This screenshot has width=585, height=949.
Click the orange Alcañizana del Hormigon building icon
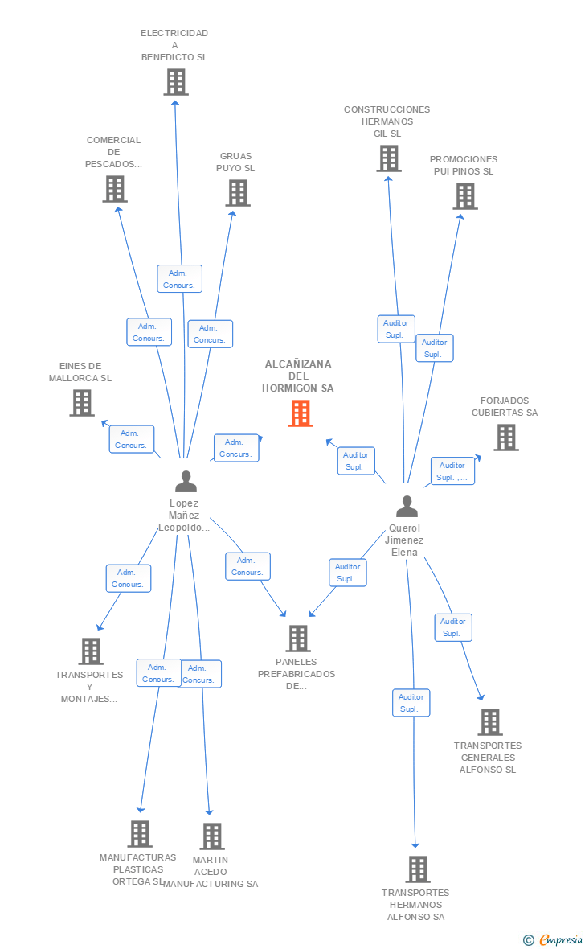click(x=301, y=413)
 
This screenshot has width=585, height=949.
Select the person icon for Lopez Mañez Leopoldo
click(x=186, y=481)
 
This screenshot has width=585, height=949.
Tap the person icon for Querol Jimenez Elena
click(x=407, y=506)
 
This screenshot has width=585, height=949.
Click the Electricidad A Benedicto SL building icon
click(x=176, y=82)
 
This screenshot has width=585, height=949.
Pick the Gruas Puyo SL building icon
click(x=238, y=193)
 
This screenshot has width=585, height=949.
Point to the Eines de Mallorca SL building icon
click(x=82, y=402)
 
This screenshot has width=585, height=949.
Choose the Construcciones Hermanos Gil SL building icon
click(x=389, y=158)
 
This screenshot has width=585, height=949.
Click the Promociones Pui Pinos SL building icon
click(x=465, y=196)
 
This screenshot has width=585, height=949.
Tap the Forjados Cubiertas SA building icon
click(x=506, y=437)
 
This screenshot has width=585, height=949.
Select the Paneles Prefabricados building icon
click(x=297, y=638)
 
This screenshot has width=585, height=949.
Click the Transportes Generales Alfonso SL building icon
click(x=490, y=721)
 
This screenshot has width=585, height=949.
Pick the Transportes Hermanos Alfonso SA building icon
click(x=417, y=869)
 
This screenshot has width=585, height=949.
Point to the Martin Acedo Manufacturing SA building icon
click(x=212, y=836)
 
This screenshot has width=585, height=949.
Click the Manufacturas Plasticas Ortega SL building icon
click(x=140, y=833)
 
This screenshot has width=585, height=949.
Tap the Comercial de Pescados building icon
click(x=114, y=189)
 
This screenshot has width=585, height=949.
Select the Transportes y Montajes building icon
click(x=91, y=651)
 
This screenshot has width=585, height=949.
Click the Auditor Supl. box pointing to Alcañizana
click(x=356, y=461)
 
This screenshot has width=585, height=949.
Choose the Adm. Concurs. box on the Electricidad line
click(x=180, y=279)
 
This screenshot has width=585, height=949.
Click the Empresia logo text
click(x=561, y=939)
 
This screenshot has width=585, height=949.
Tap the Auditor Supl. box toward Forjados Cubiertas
click(x=452, y=471)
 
